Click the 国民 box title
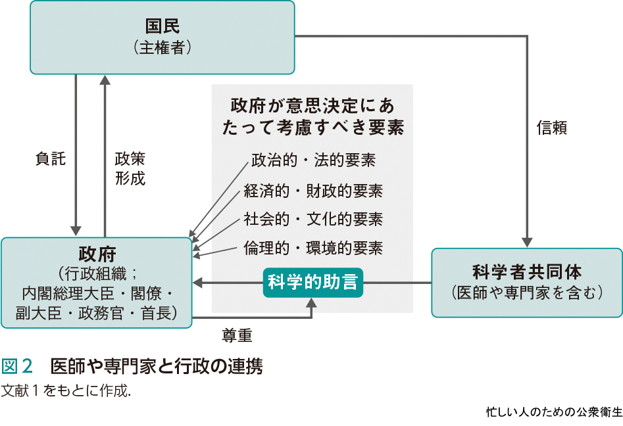[x=162, y=26]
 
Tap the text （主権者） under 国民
[x=162, y=47]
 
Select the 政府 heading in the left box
[x=97, y=253]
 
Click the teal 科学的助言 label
[x=313, y=283]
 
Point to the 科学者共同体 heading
[x=527, y=272]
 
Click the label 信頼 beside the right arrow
[x=552, y=128]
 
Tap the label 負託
[x=50, y=158]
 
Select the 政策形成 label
[x=130, y=168]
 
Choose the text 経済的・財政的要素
[x=313, y=191]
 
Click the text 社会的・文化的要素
[x=313, y=219]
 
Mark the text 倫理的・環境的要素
[x=313, y=248]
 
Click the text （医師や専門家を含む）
[x=527, y=293]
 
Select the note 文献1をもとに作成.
[x=66, y=389]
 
